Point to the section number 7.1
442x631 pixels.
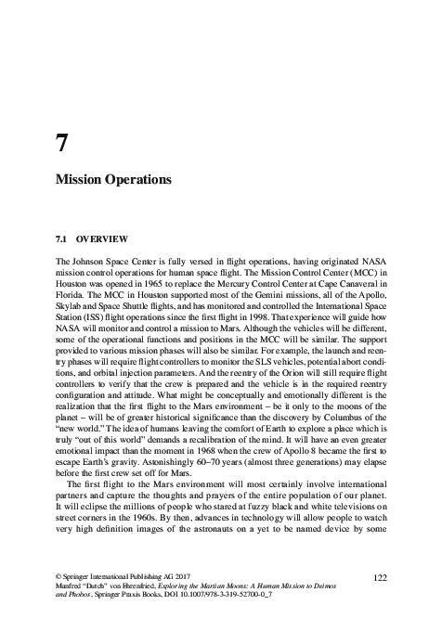click(63, 239)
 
